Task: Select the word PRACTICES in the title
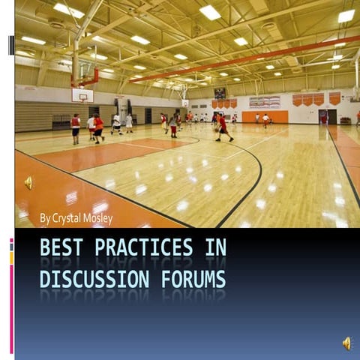pos(142,248)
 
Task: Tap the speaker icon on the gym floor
pos(28,182)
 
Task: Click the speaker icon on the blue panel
pos(346,343)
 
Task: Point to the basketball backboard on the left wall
pos(82,96)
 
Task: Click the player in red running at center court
pos(223,127)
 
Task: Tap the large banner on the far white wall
pos(265,100)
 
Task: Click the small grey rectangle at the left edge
pos(11,45)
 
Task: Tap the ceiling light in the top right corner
pos(346,16)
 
